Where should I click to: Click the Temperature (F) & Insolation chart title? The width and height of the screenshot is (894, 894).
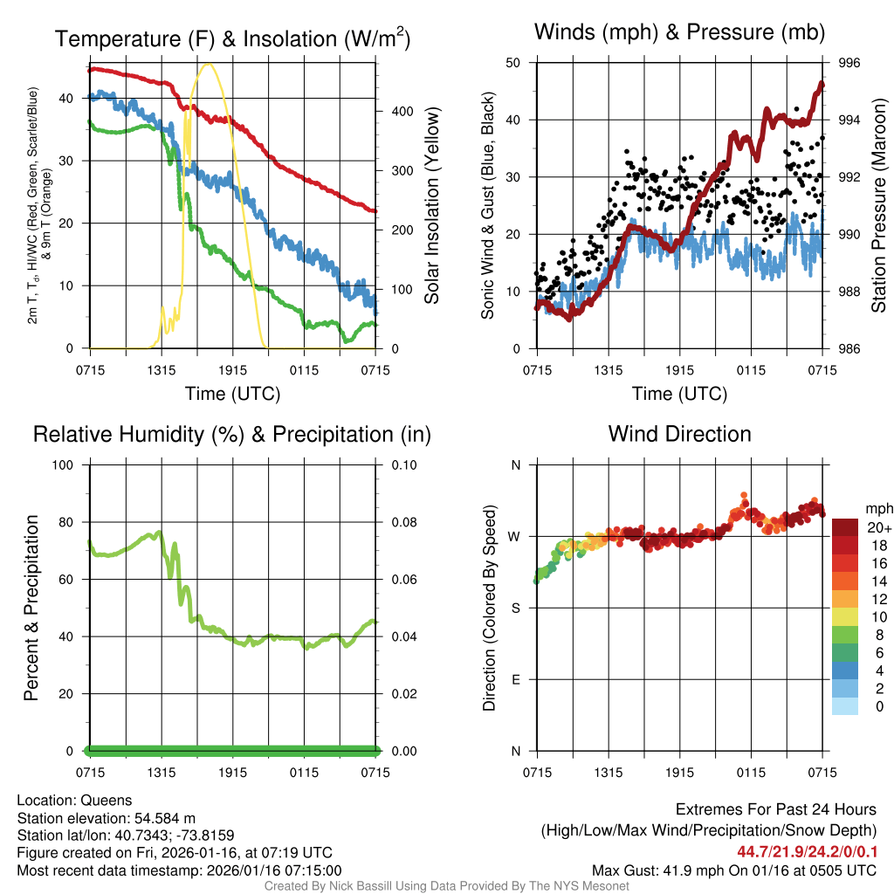click(x=232, y=38)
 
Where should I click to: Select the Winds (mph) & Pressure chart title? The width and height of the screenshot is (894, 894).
click(x=680, y=32)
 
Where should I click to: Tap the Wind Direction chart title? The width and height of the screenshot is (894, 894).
click(x=679, y=434)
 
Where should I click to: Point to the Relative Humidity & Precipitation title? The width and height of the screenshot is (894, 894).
click(x=232, y=434)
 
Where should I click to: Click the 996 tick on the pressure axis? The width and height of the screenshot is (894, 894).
click(x=849, y=63)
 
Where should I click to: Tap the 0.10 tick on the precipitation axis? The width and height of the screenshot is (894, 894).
click(x=402, y=464)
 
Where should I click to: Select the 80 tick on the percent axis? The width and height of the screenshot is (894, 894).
click(x=63, y=522)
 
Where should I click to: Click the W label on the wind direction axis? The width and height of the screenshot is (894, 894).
click(x=516, y=536)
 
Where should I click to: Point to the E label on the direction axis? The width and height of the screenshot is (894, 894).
click(x=516, y=679)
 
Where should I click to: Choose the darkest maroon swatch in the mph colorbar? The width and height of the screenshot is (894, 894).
click(x=845, y=527)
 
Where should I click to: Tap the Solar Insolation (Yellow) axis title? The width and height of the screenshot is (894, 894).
click(x=431, y=206)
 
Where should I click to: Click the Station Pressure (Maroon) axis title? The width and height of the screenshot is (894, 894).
click(x=879, y=206)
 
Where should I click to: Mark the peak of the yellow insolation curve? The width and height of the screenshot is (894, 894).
click(x=208, y=64)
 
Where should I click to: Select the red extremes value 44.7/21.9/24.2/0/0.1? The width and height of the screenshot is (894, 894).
click(x=807, y=852)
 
